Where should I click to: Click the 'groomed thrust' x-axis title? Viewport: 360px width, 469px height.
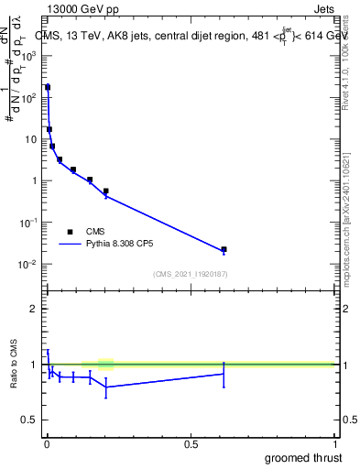click(304, 456)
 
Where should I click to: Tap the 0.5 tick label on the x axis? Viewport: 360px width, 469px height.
click(191, 444)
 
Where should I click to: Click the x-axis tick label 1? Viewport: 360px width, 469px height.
click(334, 444)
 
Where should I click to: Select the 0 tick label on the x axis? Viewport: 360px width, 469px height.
click(47, 444)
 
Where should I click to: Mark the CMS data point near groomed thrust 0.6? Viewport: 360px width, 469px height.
click(224, 249)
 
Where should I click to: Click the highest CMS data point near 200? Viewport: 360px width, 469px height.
click(48, 87)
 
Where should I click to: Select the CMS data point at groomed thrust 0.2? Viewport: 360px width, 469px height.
click(106, 191)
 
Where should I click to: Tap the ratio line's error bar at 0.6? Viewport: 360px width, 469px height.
click(224, 374)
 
